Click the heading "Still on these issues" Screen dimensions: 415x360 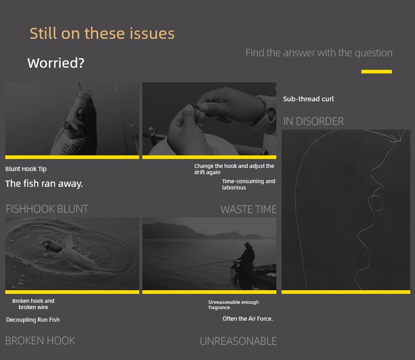[x=102, y=34]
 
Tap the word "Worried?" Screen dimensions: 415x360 [x=56, y=63]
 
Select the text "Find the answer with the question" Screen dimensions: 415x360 [x=319, y=53]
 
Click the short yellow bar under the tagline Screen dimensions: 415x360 [x=376, y=71]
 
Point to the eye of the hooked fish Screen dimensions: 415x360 [x=79, y=114]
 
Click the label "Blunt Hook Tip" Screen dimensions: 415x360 [x=26, y=169]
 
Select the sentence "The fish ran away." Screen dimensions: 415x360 [x=44, y=184]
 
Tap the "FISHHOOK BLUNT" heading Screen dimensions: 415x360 [x=47, y=209]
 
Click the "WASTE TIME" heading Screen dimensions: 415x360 [x=248, y=209]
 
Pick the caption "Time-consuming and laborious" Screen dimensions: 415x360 [x=248, y=184]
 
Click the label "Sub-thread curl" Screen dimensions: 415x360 [x=308, y=99]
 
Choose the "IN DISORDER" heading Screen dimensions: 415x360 [x=314, y=121]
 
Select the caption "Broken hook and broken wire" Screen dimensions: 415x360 [x=33, y=304]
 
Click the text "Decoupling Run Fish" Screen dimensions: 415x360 [x=33, y=320]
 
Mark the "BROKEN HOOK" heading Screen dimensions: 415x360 [x=40, y=341]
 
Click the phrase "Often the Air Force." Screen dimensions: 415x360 [x=248, y=319]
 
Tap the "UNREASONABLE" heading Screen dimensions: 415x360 [x=238, y=341]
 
